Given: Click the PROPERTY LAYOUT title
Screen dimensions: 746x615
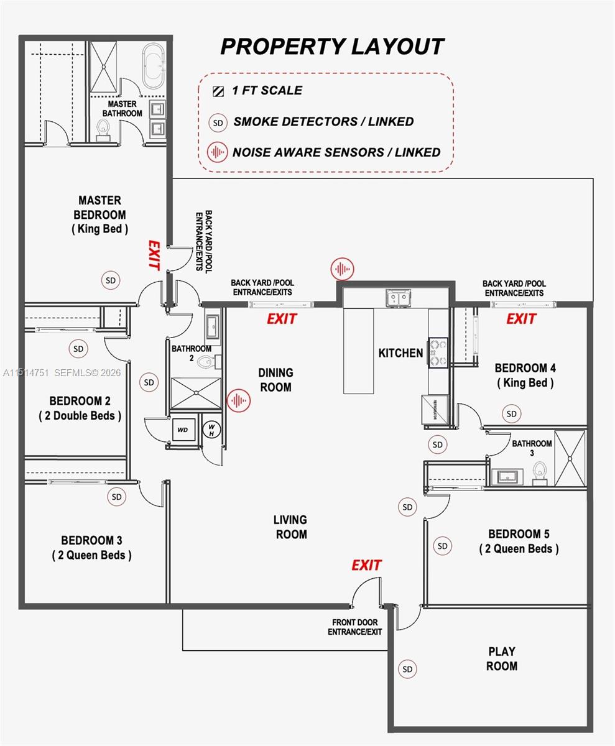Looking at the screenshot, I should coord(332,47).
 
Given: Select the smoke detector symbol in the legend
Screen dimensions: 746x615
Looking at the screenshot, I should coord(218,122).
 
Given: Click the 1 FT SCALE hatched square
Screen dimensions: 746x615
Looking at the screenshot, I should coord(218,91).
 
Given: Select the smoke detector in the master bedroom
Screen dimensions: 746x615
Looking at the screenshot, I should coord(111,280).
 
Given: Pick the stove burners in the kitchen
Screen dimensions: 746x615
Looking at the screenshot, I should coord(437,352).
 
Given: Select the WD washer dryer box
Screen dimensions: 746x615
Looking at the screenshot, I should coord(183,430).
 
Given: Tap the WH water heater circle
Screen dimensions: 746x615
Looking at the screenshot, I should coord(211,428).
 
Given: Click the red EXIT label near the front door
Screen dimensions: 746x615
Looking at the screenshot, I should coord(366,565).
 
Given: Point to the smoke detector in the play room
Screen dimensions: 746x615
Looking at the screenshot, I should coord(407,670).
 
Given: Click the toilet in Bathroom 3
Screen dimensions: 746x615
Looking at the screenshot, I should coord(539,473).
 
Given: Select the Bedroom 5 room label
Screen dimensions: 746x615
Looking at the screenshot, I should coord(519,541).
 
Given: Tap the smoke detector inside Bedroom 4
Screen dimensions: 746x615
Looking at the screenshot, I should coord(511,413).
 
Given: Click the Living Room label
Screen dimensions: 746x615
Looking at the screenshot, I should coord(290,527).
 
